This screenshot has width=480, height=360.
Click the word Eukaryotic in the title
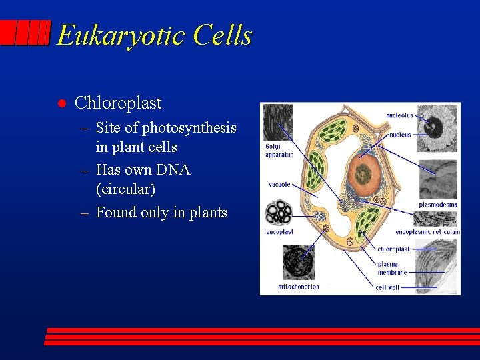pyautogui.click(x=121, y=35)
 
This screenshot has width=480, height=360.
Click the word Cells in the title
pyautogui.click(x=222, y=35)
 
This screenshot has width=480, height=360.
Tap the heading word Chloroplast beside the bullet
pyautogui.click(x=118, y=103)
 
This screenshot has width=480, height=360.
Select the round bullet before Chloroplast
pyautogui.click(x=61, y=103)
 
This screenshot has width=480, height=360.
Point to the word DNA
pyautogui.click(x=173, y=170)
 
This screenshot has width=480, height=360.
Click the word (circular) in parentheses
pyautogui.click(x=125, y=189)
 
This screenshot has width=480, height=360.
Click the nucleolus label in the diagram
pyautogui.click(x=399, y=115)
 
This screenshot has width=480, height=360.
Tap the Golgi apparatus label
pyautogui.click(x=279, y=151)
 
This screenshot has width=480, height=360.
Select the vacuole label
pyautogui.click(x=279, y=185)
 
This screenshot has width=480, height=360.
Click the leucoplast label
pyautogui.click(x=279, y=232)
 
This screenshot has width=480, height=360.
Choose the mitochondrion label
pyautogui.click(x=298, y=287)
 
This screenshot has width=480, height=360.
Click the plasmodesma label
pyautogui.click(x=438, y=205)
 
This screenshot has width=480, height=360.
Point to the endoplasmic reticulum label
pyautogui.click(x=427, y=232)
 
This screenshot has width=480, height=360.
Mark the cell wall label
pyautogui.click(x=387, y=287)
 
